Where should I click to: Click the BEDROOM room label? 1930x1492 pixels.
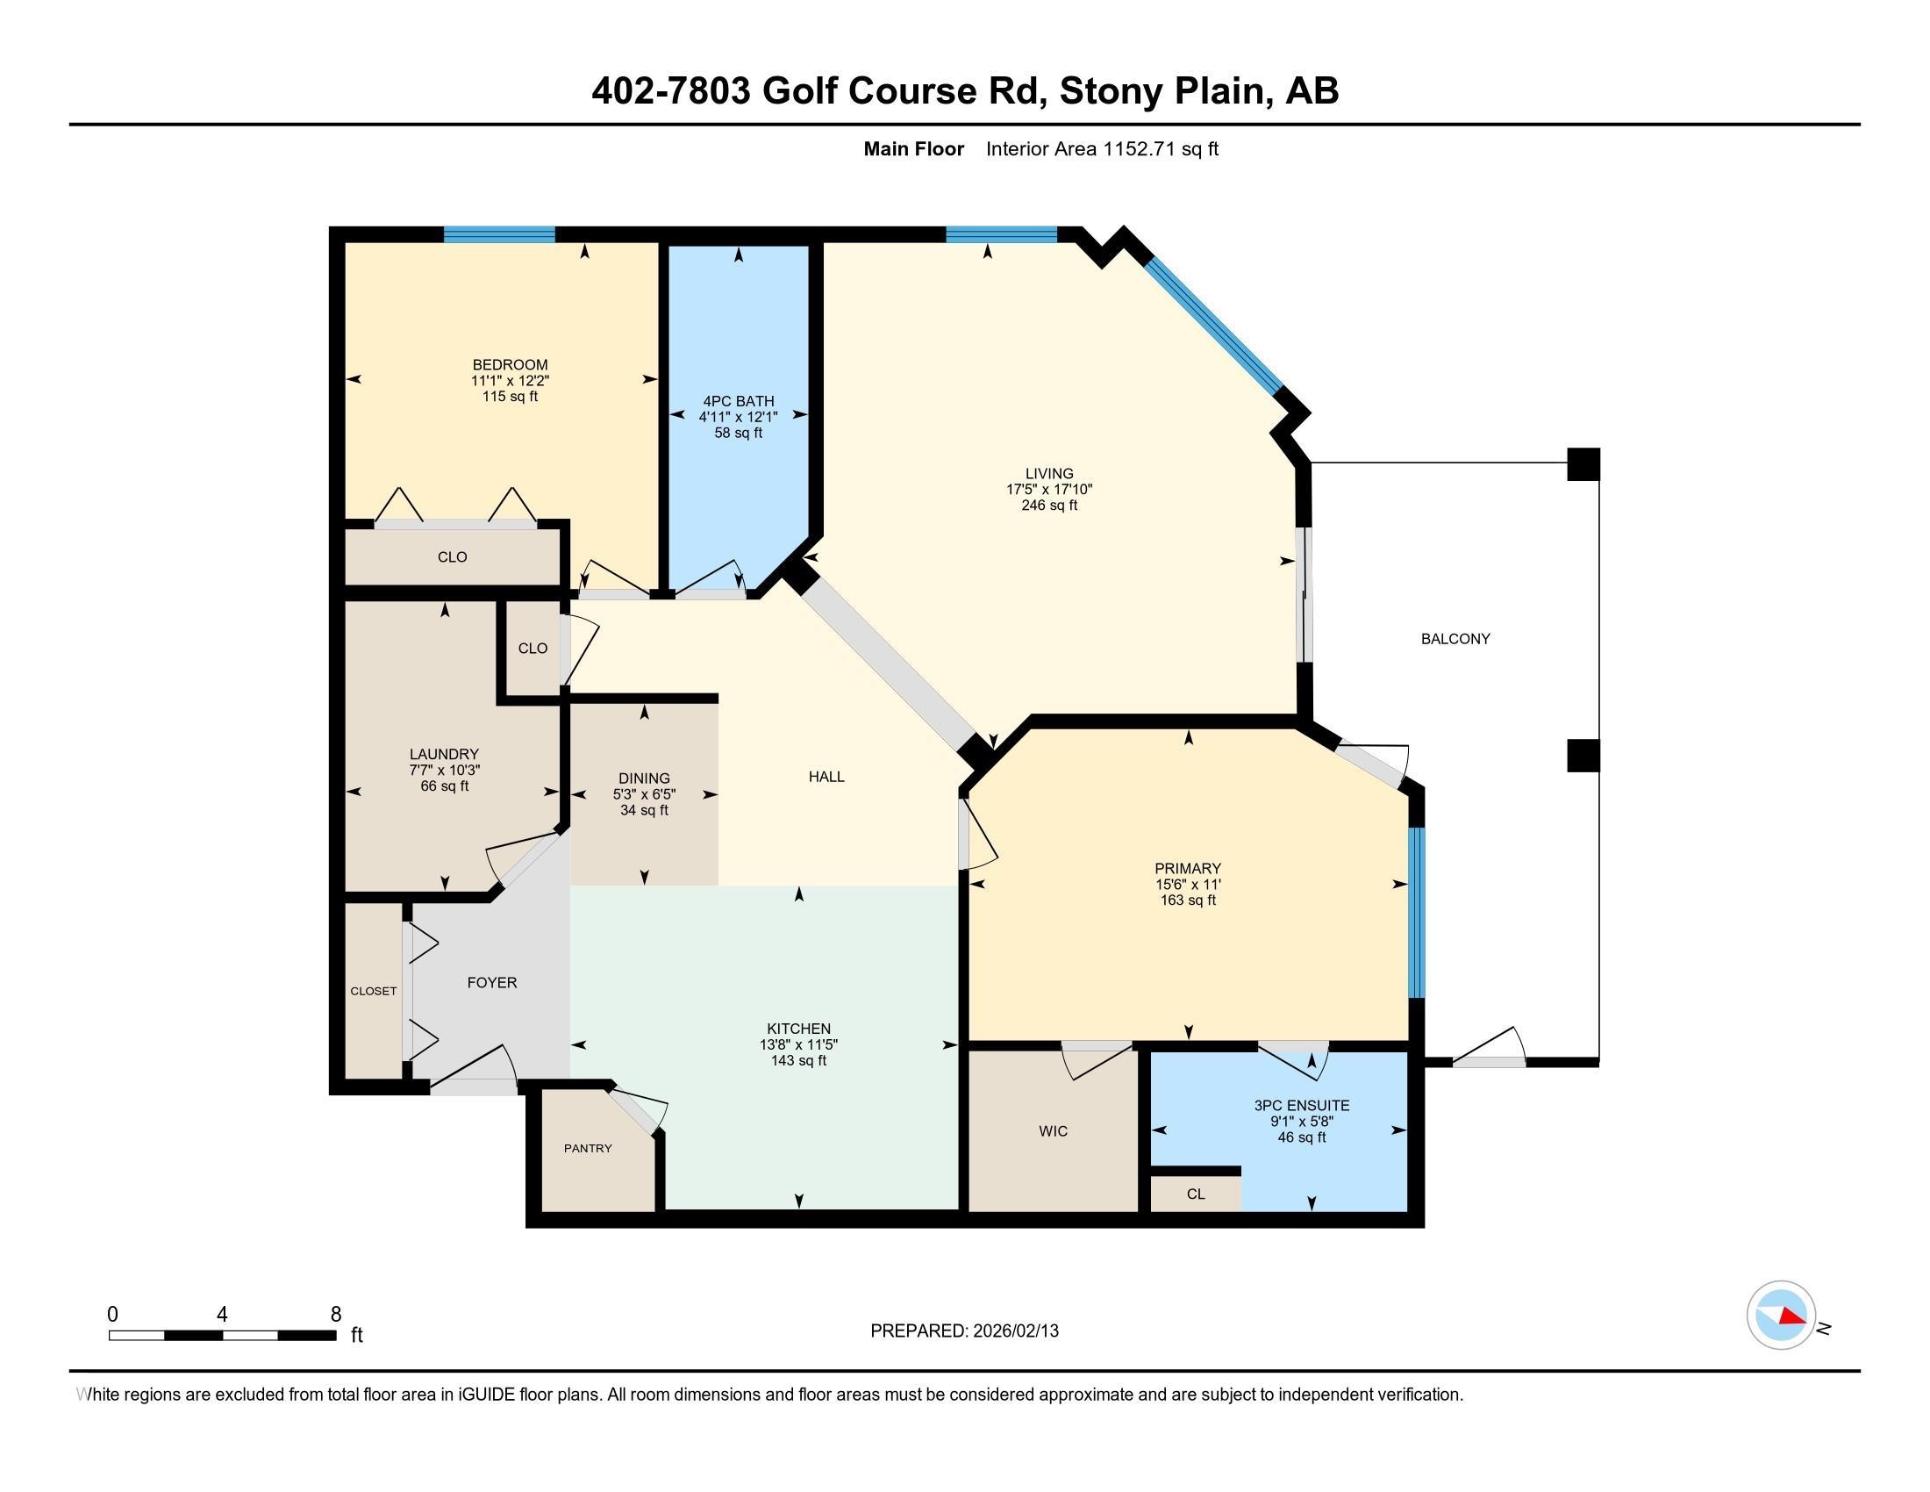click(x=510, y=364)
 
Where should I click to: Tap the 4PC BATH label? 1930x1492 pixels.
click(x=738, y=400)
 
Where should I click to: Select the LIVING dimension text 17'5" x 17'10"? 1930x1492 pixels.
click(x=1049, y=489)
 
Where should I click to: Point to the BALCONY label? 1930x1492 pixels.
click(x=1455, y=638)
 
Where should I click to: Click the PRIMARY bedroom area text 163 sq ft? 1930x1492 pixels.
click(x=1188, y=900)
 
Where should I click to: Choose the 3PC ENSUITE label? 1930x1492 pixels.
click(x=1301, y=1105)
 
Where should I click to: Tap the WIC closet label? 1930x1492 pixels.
click(x=1053, y=1130)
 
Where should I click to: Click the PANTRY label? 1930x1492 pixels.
click(x=588, y=1148)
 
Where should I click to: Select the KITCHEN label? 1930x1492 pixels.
click(x=798, y=1028)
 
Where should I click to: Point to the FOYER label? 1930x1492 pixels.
click(x=491, y=982)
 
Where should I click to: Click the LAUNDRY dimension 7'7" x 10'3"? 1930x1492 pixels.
click(x=444, y=770)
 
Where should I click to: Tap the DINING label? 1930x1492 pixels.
click(x=643, y=778)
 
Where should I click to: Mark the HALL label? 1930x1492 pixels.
click(x=826, y=776)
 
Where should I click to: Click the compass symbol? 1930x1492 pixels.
click(x=1781, y=1316)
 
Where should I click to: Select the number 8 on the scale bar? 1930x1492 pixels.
click(x=335, y=1315)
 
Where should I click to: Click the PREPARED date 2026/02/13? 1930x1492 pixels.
click(x=1014, y=1331)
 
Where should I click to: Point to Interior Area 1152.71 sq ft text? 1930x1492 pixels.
click(x=1101, y=148)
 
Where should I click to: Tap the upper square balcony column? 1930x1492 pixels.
click(x=1583, y=464)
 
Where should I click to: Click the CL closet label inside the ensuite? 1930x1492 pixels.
click(x=1195, y=1194)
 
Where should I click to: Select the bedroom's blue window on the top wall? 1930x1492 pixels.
click(x=498, y=234)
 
